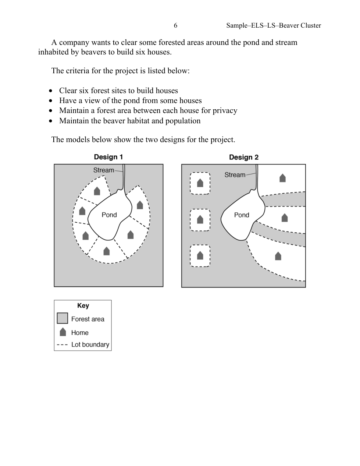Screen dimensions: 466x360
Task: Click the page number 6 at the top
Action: point(175,25)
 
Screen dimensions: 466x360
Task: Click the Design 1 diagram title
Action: point(108,157)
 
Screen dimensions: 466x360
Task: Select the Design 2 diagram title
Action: point(243,158)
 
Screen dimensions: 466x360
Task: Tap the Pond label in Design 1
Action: point(109,215)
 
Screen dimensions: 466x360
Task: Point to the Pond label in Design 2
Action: point(242,215)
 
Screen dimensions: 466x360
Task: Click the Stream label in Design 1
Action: point(104,170)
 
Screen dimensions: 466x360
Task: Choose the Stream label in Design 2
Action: point(235,175)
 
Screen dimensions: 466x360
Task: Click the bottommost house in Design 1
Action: point(107,251)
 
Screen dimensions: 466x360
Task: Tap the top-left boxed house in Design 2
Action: point(200,183)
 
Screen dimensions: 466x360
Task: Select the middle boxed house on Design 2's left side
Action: point(200,220)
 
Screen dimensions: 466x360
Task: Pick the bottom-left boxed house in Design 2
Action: point(200,255)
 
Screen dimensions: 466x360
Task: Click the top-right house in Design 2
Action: point(282,178)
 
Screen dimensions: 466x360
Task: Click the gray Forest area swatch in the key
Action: point(63,318)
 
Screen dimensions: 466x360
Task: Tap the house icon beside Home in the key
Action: point(63,332)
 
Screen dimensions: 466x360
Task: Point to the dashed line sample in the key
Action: point(63,345)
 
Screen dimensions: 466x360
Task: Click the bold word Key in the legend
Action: point(83,306)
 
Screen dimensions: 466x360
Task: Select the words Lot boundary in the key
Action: point(90,345)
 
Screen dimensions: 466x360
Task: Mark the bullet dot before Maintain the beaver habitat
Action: point(51,121)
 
